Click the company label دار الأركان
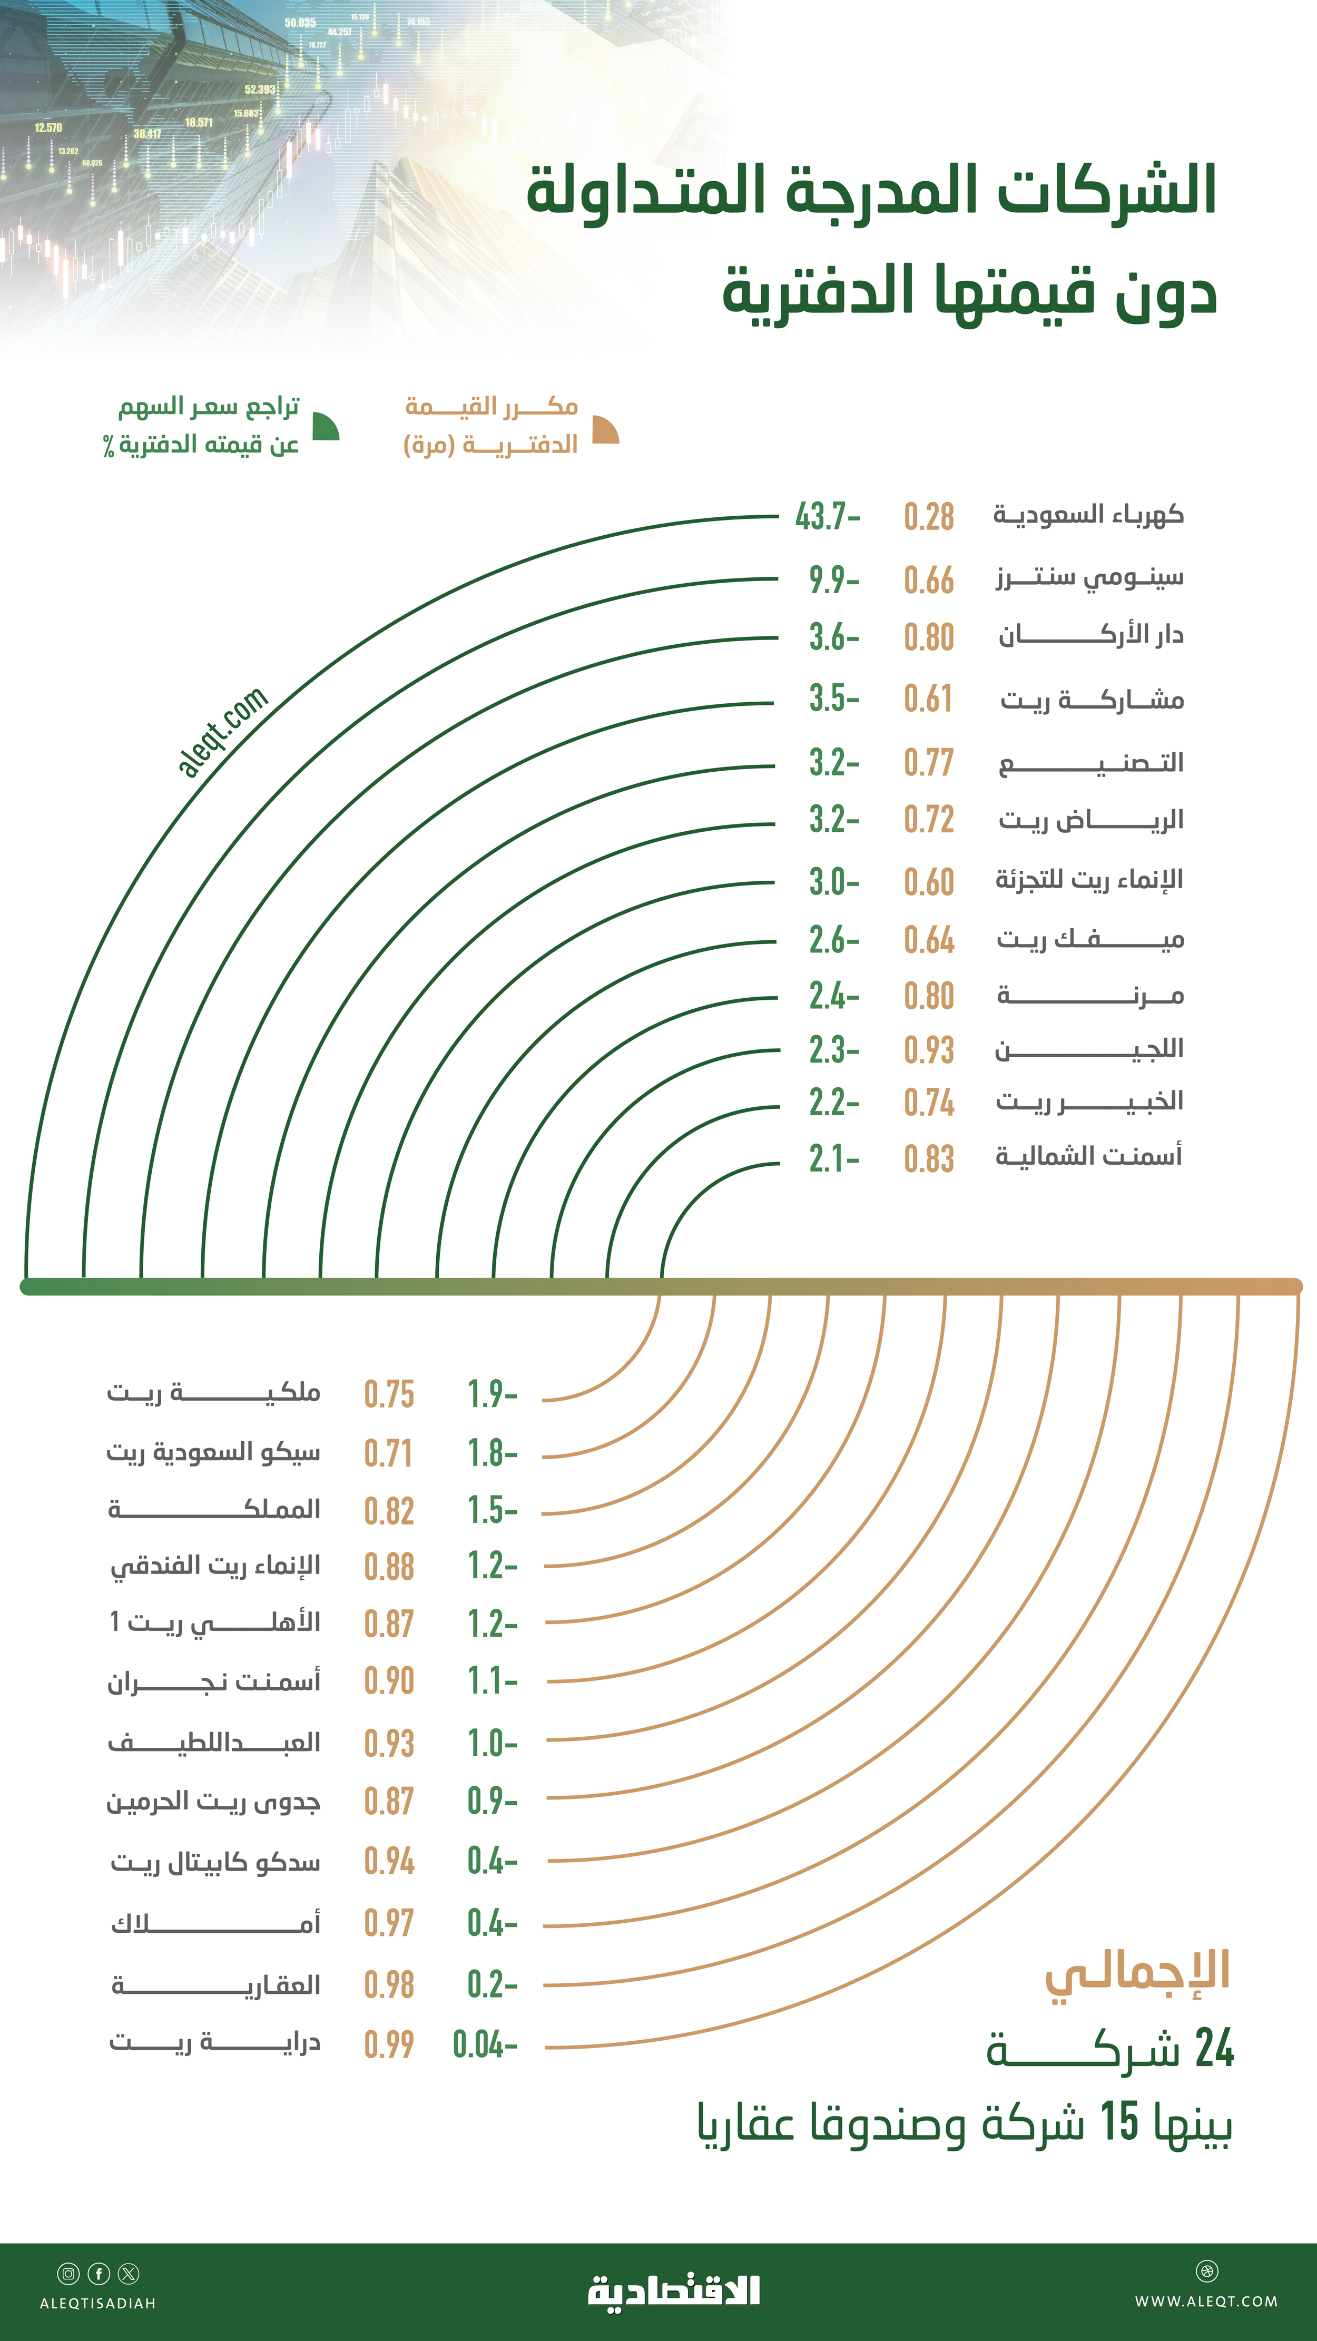point(1090,635)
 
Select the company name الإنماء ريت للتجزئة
point(1089,880)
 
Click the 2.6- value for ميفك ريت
point(833,940)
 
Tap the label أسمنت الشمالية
point(1089,1156)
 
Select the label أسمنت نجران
point(213,1682)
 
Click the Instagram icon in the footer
point(68,2273)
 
